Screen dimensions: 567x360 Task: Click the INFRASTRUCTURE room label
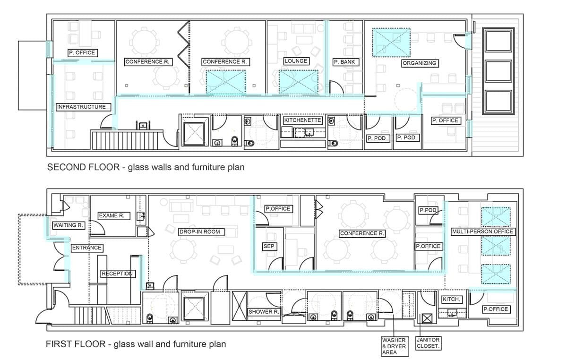point(83,107)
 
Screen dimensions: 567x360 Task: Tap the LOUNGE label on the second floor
point(296,61)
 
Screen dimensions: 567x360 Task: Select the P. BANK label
point(345,62)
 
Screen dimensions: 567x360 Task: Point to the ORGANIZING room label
point(420,63)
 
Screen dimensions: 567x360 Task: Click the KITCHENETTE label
point(303,120)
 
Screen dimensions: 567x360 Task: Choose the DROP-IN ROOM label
point(201,232)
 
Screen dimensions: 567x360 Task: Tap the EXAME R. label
point(114,216)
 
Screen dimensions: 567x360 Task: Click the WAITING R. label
point(69,225)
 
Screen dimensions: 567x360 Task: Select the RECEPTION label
point(118,274)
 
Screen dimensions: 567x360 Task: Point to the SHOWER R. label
point(264,312)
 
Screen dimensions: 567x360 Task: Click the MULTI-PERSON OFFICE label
point(483,231)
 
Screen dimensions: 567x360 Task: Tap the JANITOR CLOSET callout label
point(428,343)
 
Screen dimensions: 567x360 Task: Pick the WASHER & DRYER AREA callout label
point(395,346)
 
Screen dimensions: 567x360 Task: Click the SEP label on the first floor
point(269,246)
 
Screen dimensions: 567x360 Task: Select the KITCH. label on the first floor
point(452,299)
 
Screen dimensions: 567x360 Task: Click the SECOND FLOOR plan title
point(146,167)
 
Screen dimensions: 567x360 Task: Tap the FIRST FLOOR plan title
point(136,344)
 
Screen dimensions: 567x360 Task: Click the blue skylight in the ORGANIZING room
point(391,42)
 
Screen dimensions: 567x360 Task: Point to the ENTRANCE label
point(87,248)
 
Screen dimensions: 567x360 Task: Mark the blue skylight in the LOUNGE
point(299,82)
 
